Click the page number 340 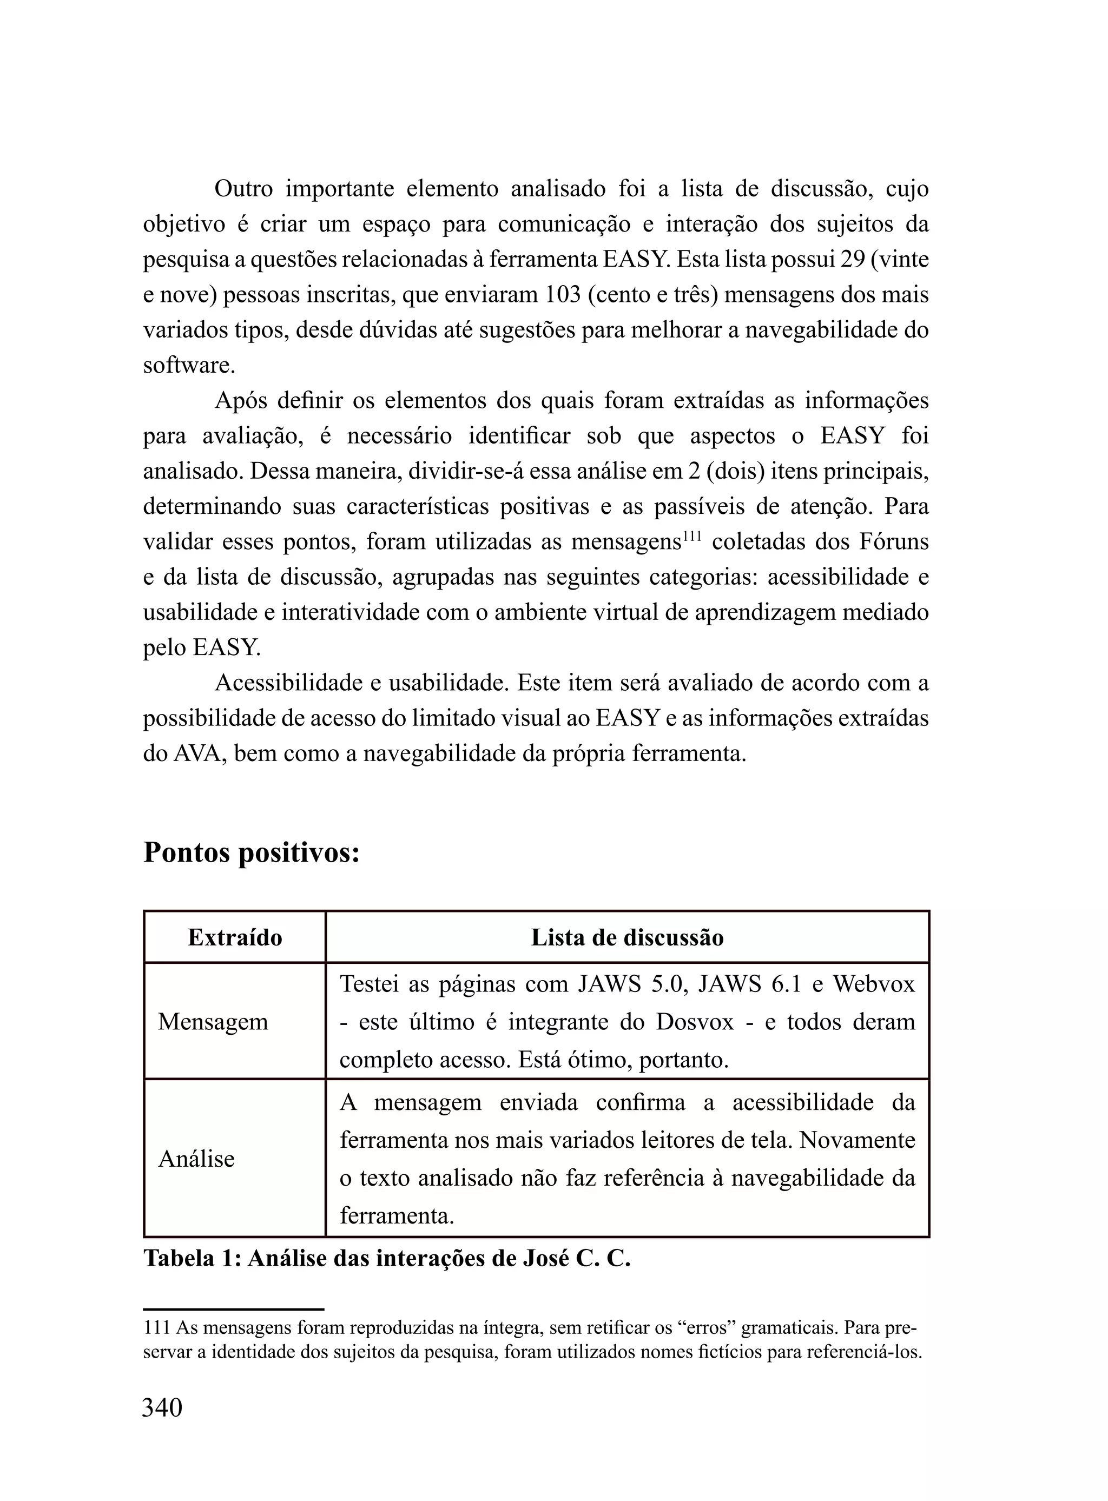pos(162,1407)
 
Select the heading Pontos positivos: pos(252,854)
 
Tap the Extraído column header pos(235,937)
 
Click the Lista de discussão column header pos(627,937)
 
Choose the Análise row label pos(196,1159)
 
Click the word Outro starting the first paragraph pos(243,189)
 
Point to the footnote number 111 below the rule pos(156,1328)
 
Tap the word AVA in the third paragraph pos(193,753)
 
